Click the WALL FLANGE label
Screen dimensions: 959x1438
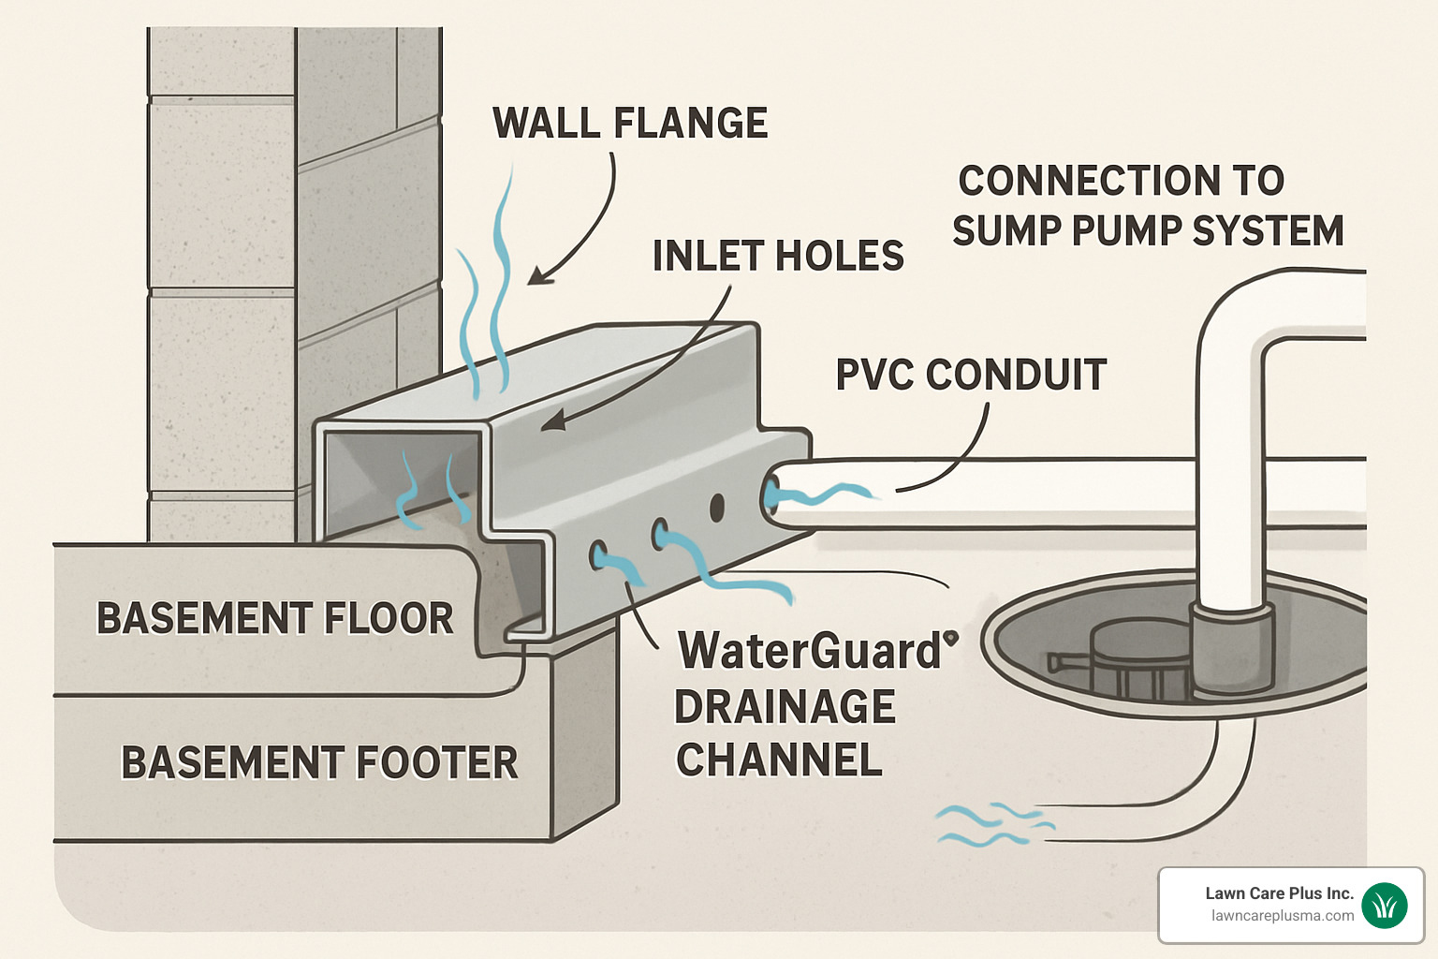(x=630, y=124)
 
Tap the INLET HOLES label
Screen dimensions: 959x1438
(x=778, y=257)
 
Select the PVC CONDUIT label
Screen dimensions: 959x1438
(x=971, y=376)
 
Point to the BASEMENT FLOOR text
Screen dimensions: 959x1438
(x=274, y=619)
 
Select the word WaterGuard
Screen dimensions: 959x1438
(x=810, y=651)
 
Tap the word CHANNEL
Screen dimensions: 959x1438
(x=779, y=760)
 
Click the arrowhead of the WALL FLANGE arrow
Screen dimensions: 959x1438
(x=536, y=276)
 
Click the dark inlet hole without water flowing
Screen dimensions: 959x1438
(x=717, y=508)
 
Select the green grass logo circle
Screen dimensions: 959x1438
(x=1385, y=905)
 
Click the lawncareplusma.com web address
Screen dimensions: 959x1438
(x=1283, y=916)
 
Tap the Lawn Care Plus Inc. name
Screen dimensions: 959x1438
(x=1279, y=893)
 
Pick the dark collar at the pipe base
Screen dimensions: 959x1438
(x=1231, y=646)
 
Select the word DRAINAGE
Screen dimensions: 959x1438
(x=785, y=707)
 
